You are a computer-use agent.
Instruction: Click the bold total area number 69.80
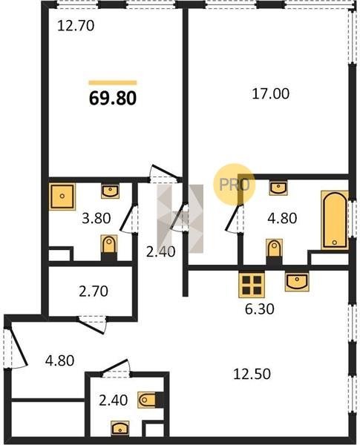[x=113, y=98]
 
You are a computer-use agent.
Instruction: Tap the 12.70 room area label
[x=76, y=26]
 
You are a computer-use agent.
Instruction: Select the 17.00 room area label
[x=271, y=93]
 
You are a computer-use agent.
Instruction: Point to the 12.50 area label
[x=252, y=374]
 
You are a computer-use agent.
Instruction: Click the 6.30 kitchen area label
[x=259, y=309]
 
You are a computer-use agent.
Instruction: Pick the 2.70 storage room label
[x=94, y=291]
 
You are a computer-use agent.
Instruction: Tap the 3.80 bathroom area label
[x=96, y=218]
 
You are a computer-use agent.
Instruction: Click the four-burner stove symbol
[x=252, y=285]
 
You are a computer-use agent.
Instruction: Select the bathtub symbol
[x=335, y=220]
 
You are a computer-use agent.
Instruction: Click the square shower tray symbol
[x=62, y=197]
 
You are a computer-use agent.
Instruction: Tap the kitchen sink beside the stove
[x=297, y=281]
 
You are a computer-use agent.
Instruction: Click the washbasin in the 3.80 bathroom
[x=111, y=191]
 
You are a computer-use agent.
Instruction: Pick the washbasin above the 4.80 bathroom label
[x=278, y=188]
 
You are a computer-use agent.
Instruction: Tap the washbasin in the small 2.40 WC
[x=120, y=428]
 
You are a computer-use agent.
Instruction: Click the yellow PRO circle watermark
[x=235, y=185]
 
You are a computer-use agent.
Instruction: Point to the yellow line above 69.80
[x=113, y=83]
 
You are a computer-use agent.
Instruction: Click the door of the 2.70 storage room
[x=94, y=326]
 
